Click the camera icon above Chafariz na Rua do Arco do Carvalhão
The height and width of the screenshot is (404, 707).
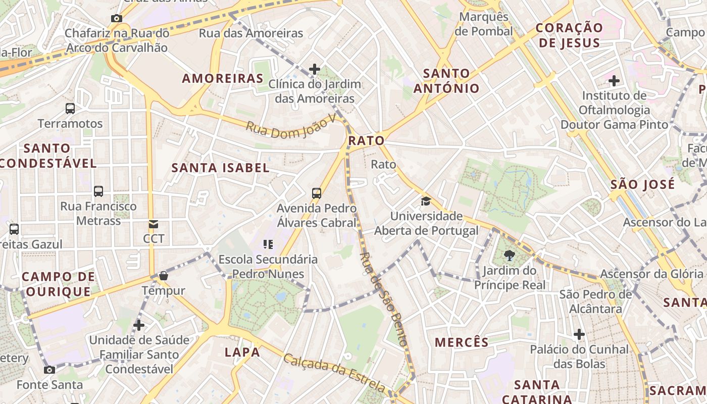click(117, 19)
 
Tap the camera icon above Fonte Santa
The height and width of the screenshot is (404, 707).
click(49, 370)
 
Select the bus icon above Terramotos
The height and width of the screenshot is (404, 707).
click(70, 108)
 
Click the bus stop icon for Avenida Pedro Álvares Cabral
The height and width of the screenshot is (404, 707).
click(317, 193)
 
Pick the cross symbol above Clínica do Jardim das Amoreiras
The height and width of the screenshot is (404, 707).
click(315, 69)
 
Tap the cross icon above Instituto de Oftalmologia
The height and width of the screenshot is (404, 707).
click(614, 80)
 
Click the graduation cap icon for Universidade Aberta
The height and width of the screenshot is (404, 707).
click(426, 201)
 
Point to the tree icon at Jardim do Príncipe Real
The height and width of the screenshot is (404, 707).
click(509, 256)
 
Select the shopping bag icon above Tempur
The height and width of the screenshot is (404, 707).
click(163, 276)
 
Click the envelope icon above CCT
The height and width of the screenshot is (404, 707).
click(153, 224)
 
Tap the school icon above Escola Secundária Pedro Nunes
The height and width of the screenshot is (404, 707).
click(268, 245)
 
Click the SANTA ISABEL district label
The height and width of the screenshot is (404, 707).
click(221, 168)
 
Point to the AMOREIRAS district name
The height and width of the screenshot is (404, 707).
click(223, 78)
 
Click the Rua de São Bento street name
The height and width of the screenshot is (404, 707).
click(383, 299)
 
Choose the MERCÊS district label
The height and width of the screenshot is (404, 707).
click(462, 342)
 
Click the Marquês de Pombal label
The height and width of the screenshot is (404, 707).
click(484, 24)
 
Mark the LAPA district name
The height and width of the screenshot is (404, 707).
click(242, 352)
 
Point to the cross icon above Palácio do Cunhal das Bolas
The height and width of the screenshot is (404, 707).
click(579, 334)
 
